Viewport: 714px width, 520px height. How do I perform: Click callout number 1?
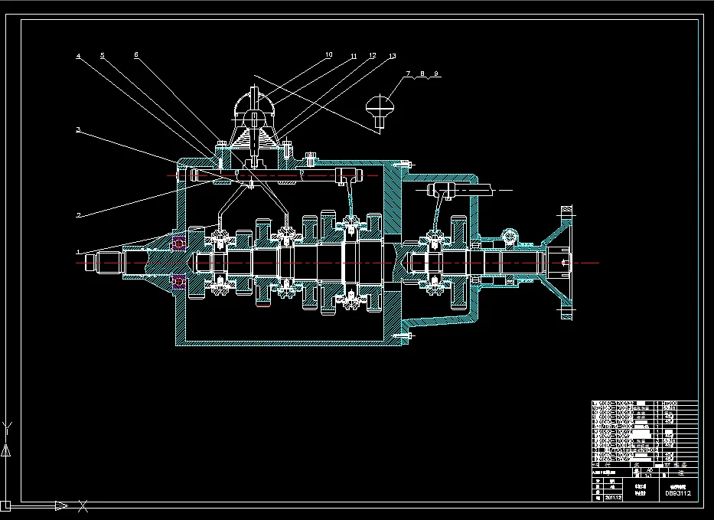point(77,250)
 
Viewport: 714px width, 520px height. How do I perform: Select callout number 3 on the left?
point(77,129)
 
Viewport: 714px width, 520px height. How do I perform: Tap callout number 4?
point(77,55)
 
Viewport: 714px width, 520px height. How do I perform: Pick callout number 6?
point(135,54)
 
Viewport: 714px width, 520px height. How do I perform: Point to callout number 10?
point(328,54)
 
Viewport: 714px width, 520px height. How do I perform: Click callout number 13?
point(392,56)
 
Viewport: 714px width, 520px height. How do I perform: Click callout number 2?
point(77,215)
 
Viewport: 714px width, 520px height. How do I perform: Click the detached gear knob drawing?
point(380,107)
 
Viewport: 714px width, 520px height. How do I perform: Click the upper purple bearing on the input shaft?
point(179,243)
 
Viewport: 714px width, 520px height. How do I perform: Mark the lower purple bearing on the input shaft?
point(179,281)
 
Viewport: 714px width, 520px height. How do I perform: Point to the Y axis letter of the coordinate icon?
point(8,425)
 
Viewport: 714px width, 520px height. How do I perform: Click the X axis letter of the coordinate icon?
point(83,505)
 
